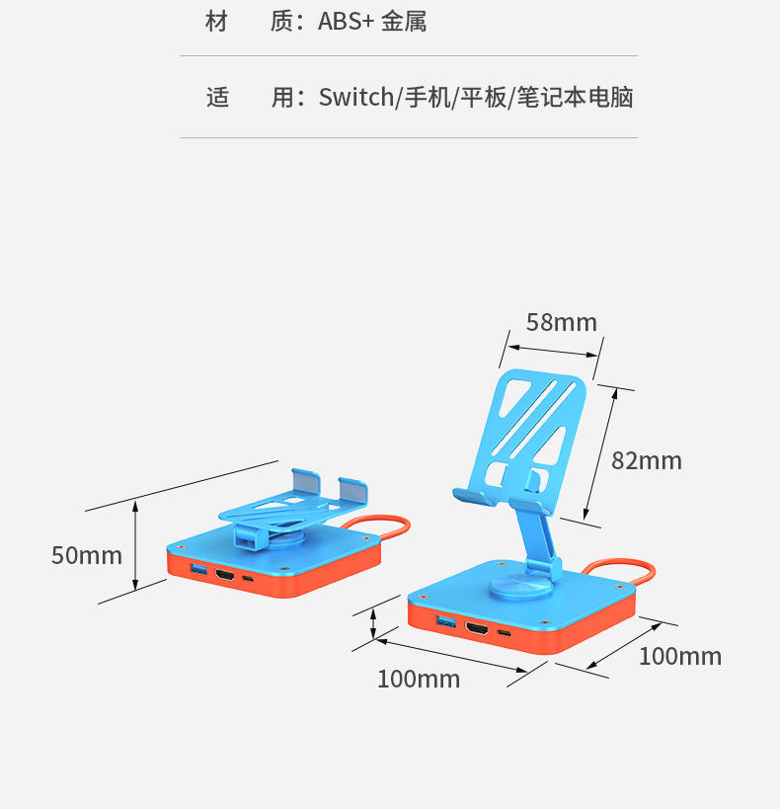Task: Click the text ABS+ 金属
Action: [372, 22]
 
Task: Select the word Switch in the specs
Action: [355, 98]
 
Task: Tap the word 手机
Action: [425, 98]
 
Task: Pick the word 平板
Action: [483, 98]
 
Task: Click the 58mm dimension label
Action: [561, 322]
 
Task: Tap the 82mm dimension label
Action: [646, 460]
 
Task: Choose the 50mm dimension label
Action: [86, 555]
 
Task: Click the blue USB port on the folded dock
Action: [198, 570]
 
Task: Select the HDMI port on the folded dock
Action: [224, 574]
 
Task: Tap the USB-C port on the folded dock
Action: [248, 578]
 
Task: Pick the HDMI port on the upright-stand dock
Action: [478, 627]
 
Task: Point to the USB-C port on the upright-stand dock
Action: [505, 633]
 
